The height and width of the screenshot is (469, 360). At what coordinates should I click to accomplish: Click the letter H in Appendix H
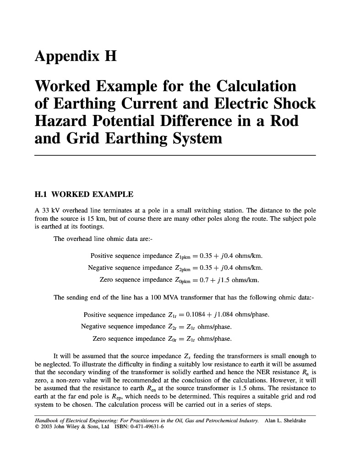[x=110, y=56]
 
